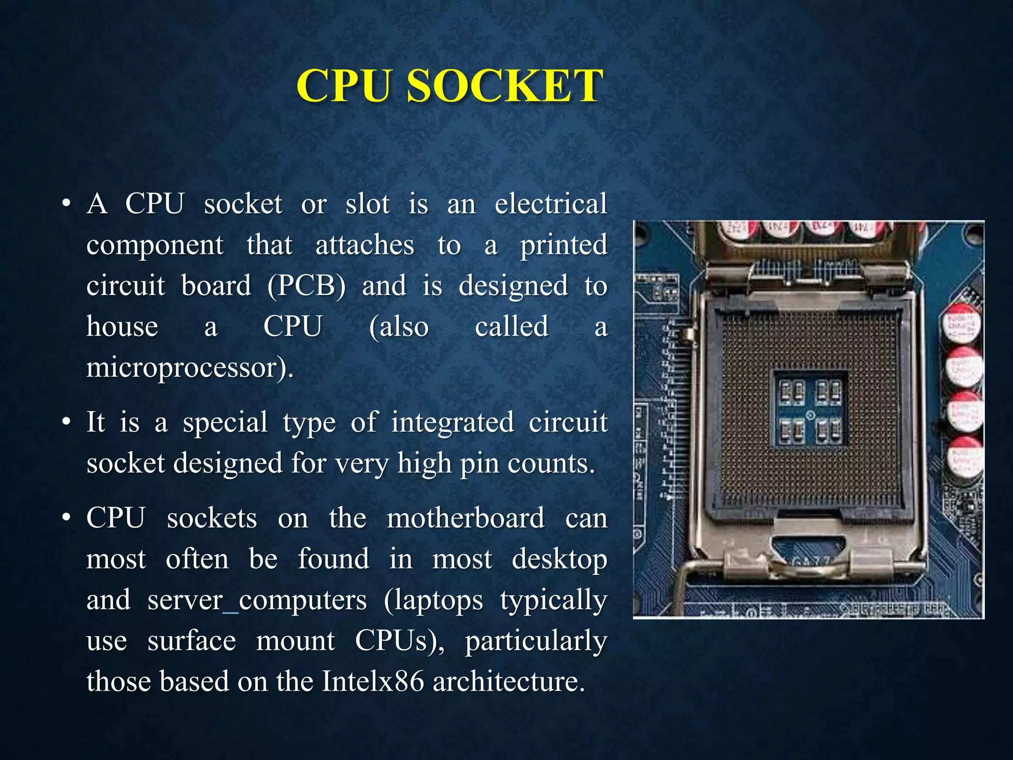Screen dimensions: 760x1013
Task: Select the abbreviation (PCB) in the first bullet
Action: (x=306, y=285)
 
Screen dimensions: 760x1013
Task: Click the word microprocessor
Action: (x=189, y=368)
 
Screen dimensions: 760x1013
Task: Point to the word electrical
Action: (x=551, y=203)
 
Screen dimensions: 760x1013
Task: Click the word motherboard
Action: (x=465, y=518)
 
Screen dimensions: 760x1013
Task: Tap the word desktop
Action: (x=559, y=559)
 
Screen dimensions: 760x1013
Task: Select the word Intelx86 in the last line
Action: (x=373, y=681)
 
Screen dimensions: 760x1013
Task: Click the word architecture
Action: (x=508, y=681)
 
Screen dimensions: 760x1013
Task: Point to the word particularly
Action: (x=536, y=641)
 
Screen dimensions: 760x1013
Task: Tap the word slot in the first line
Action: (x=368, y=203)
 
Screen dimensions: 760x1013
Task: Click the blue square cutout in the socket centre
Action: (x=810, y=407)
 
